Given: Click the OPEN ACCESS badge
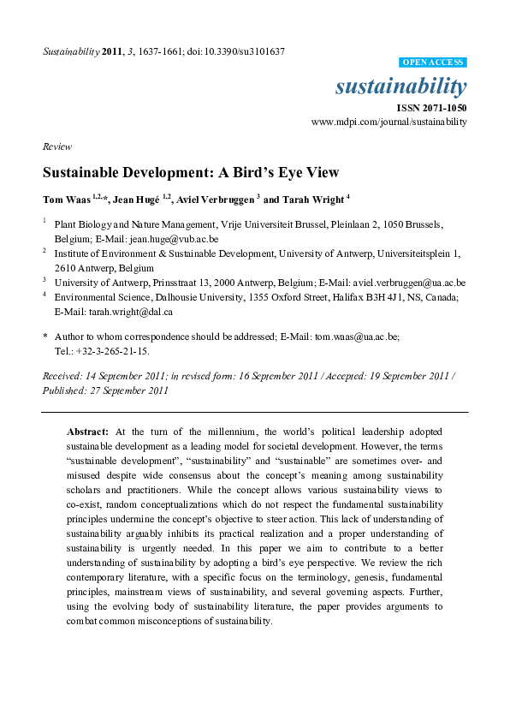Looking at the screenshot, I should (432, 63).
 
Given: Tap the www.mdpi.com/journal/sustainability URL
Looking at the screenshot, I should (389, 122).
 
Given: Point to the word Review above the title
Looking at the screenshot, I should (57, 146).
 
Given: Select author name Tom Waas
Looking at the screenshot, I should (66, 199).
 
